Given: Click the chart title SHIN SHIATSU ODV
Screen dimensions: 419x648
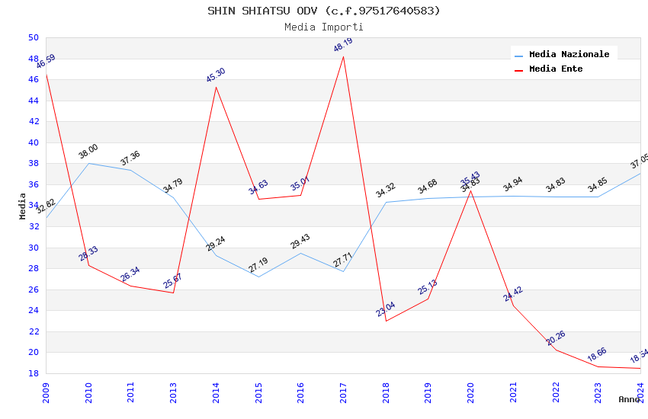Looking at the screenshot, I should [324, 11].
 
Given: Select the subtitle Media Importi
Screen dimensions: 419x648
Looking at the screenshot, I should [324, 27].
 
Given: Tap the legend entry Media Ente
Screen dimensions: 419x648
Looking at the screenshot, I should [556, 69].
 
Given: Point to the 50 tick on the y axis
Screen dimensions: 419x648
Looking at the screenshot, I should [33, 37].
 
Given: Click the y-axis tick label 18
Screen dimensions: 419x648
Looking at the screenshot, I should [33, 373].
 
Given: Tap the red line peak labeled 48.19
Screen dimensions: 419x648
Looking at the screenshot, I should [344, 56].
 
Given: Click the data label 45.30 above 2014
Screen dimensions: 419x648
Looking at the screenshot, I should [216, 75].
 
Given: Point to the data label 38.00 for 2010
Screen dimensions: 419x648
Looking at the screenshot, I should [88, 152].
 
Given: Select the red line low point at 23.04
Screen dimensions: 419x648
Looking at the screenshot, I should [387, 321].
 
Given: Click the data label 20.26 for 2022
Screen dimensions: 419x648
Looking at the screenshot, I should [556, 337].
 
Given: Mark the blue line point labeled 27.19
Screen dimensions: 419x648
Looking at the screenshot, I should [259, 276].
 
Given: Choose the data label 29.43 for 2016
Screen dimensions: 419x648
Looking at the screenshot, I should [300, 241].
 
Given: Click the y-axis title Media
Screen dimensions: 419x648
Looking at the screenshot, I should [23, 206].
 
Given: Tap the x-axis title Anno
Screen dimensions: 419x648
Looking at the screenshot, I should [629, 399].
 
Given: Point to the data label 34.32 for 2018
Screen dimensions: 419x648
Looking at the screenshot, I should [386, 190].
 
